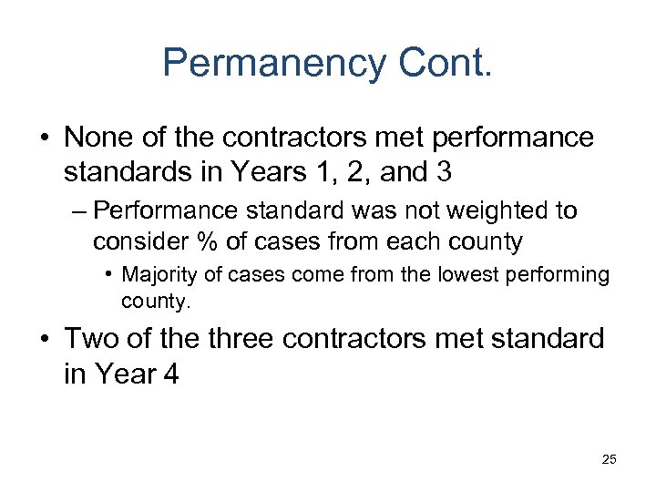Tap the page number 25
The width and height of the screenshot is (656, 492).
[x=609, y=459]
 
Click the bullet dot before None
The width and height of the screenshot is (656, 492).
[x=45, y=138]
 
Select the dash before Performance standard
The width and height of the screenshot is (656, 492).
[x=77, y=211]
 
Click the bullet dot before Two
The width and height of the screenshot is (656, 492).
[x=45, y=339]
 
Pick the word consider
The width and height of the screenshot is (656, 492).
[x=132, y=241]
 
